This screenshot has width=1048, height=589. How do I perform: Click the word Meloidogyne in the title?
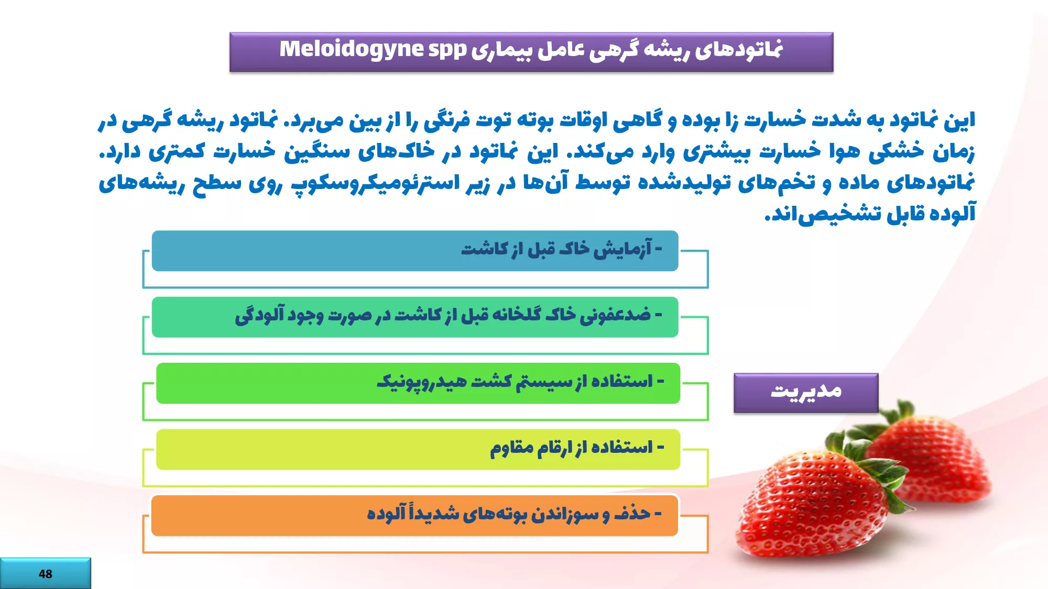pos(351,49)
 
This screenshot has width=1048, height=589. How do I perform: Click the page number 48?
pos(46,574)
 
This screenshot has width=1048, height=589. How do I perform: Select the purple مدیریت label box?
pos(806,393)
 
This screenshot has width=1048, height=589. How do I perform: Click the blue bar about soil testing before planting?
pos(415,251)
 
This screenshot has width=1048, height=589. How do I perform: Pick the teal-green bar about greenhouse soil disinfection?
pos(415,317)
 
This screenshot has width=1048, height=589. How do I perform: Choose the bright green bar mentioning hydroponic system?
pos(418,383)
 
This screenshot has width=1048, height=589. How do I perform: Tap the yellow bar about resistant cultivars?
pos(418,450)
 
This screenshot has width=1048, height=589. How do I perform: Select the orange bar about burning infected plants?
pos(414,516)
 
